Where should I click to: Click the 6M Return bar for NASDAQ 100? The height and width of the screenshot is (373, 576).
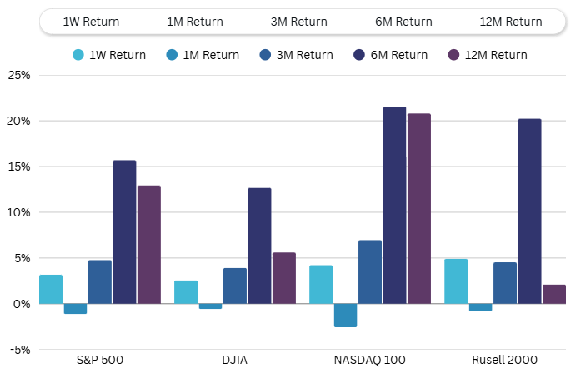(x=394, y=205)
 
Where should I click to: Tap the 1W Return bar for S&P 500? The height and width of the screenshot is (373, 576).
(x=51, y=289)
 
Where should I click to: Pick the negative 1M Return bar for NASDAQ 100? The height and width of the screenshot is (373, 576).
(x=345, y=316)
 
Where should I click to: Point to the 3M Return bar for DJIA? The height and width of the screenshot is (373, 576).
(x=235, y=286)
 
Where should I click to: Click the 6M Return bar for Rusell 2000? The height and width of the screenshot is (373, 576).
(x=529, y=211)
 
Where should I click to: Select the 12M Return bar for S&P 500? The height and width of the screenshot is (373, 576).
(x=148, y=244)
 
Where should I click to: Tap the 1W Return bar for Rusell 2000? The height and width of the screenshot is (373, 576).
(x=456, y=281)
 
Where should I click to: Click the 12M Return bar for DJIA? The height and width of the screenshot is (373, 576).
(x=284, y=278)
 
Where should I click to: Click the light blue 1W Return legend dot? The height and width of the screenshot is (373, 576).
(x=78, y=55)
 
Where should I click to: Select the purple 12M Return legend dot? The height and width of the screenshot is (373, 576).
(x=454, y=55)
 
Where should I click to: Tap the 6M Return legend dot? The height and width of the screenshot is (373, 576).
(x=358, y=55)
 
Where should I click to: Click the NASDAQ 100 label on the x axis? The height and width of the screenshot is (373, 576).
(x=369, y=360)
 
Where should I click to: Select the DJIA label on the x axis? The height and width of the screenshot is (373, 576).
(x=234, y=360)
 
